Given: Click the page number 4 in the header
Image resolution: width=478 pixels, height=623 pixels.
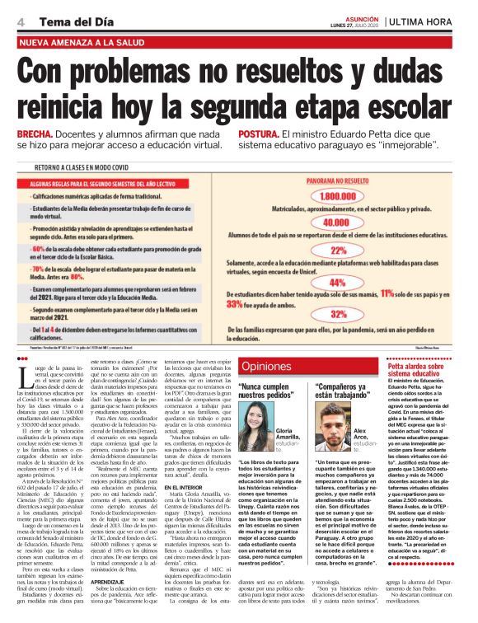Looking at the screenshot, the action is [20, 21].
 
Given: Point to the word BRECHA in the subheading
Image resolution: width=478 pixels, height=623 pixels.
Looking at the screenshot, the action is [35, 133].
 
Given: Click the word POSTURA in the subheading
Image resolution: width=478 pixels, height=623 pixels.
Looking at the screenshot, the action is [284, 133].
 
